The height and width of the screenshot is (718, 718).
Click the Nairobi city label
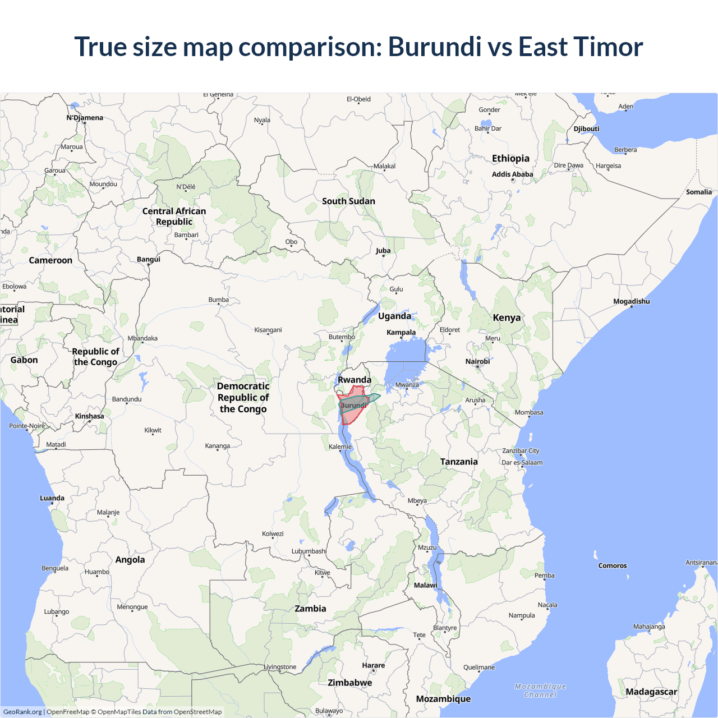pyautogui.click(x=477, y=361)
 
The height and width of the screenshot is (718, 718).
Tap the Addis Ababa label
pyautogui.click(x=512, y=174)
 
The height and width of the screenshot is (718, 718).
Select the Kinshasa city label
pyautogui.click(x=89, y=416)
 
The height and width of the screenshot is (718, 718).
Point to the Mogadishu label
pyautogui.click(x=631, y=301)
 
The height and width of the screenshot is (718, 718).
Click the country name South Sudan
pyautogui.click(x=348, y=201)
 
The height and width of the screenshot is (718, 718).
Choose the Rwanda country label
pyautogui.click(x=354, y=380)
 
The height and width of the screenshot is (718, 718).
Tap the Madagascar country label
pyautogui.click(x=651, y=692)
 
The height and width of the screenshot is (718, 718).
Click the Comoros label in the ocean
pyautogui.click(x=612, y=565)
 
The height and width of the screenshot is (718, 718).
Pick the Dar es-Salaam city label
pyautogui.click(x=522, y=463)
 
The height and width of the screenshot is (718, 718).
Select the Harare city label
pyautogui.click(x=373, y=665)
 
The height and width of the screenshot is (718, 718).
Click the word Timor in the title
pyautogui.click(x=609, y=47)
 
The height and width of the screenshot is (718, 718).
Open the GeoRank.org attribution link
pyautogui.click(x=22, y=712)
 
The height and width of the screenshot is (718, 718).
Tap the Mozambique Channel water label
pyautogui.click(x=540, y=691)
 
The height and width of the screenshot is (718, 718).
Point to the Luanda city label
pyautogui.click(x=52, y=498)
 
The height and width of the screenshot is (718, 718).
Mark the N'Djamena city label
pyautogui.click(x=85, y=118)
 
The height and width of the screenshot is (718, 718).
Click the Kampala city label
pyautogui.click(x=401, y=332)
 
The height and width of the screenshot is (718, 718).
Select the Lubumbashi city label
pyautogui.click(x=309, y=551)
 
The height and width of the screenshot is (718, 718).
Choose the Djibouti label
pyautogui.click(x=586, y=128)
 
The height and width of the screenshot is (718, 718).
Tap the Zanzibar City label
pyautogui.click(x=521, y=451)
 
